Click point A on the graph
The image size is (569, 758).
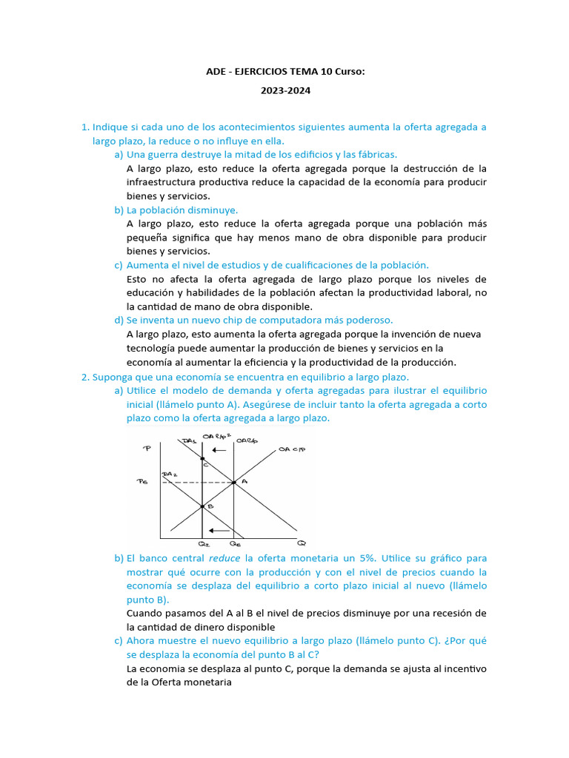point(233,482)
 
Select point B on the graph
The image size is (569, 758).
point(202,506)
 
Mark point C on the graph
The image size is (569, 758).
point(202,460)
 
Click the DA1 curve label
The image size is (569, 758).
point(189,441)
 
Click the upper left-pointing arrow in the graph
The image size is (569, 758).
point(219,450)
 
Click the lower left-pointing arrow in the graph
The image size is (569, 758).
point(217,530)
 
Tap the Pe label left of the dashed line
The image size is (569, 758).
point(144,482)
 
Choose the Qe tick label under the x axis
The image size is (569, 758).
point(235,544)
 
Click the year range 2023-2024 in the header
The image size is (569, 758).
point(284,90)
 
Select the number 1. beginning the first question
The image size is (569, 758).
point(84,127)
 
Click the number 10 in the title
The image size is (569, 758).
point(327,71)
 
